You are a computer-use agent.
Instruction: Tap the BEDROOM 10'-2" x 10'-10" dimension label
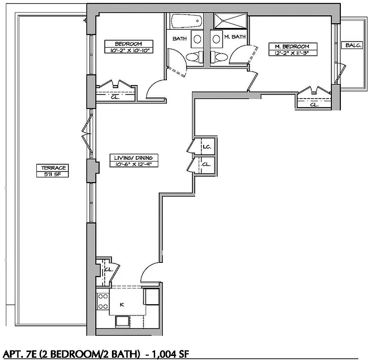tap(126, 47)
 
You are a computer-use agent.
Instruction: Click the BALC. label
tap(351, 45)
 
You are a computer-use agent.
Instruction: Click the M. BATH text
tap(234, 37)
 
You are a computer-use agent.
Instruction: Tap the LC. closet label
tap(207, 147)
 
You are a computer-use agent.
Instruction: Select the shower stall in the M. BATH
tap(230, 22)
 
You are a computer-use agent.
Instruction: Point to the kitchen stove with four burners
tap(103, 301)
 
